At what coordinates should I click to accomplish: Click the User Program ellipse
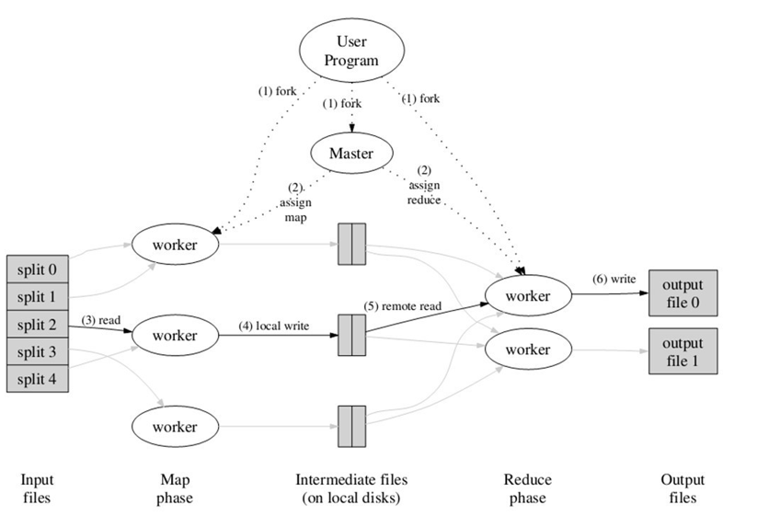click(351, 52)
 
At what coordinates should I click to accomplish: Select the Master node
click(350, 154)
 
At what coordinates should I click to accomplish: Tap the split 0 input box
click(39, 270)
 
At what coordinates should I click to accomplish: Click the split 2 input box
click(39, 325)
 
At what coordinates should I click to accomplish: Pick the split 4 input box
click(39, 378)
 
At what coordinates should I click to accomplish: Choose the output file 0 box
click(682, 294)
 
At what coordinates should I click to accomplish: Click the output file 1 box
click(682, 350)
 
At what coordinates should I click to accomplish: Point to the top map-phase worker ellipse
click(175, 246)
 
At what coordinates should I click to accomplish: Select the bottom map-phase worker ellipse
click(175, 426)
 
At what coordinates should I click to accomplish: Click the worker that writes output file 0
click(528, 296)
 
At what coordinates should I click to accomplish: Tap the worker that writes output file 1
click(528, 350)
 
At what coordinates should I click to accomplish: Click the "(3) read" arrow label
click(102, 320)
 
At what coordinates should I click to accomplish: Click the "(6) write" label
click(613, 279)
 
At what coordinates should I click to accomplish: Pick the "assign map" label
click(296, 203)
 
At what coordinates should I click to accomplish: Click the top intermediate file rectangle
click(351, 245)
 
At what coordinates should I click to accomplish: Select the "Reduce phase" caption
click(528, 488)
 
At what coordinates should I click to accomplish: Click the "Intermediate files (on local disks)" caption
click(351, 488)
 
